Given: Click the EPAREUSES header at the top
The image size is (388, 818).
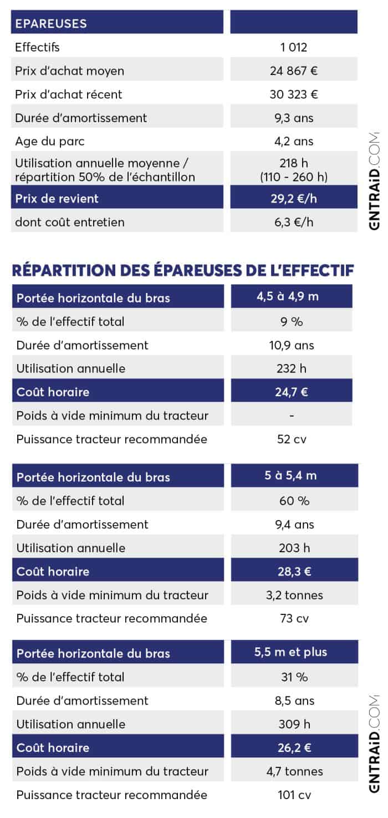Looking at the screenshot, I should tap(51, 23).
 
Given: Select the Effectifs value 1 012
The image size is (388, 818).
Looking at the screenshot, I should tap(293, 48).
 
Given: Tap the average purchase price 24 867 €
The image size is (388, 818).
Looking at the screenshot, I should tap(293, 71).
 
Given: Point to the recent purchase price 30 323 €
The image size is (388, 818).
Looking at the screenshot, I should tap(293, 94).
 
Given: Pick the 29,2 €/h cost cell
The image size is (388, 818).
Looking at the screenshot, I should tap(293, 198).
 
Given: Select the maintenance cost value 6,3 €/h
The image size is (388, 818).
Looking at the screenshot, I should tap(293, 222).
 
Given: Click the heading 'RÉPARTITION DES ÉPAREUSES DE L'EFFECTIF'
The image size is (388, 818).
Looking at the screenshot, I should tap(182, 270).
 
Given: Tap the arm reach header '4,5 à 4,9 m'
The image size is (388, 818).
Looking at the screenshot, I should tap(288, 296).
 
